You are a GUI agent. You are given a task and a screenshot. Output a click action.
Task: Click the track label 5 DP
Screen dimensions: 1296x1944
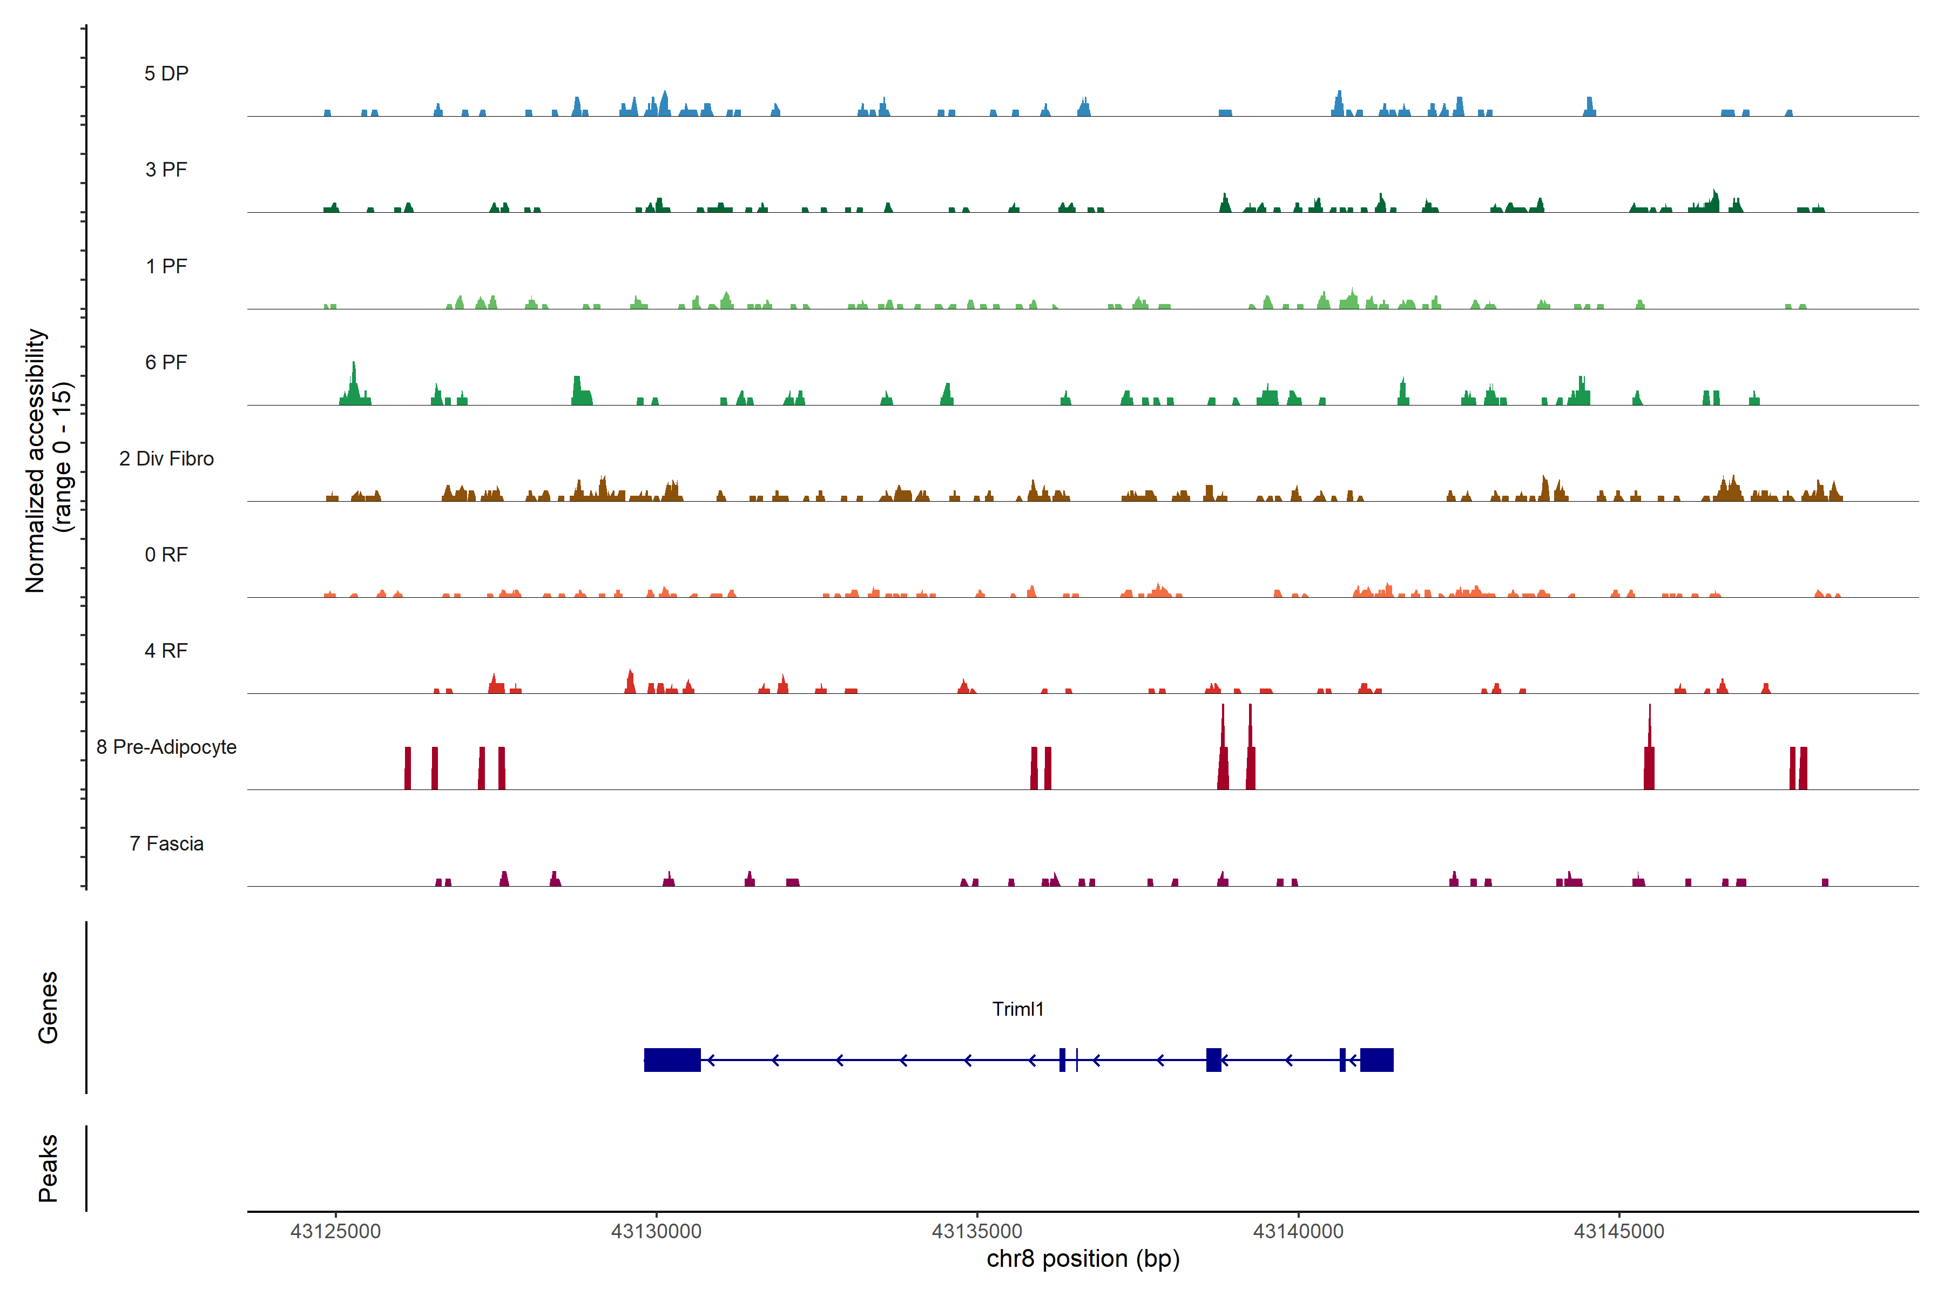pyautogui.click(x=166, y=73)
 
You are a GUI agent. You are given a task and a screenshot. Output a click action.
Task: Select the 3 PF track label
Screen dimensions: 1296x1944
pyautogui.click(x=166, y=170)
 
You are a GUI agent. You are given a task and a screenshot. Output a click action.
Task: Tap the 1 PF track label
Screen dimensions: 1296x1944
pyautogui.click(x=166, y=266)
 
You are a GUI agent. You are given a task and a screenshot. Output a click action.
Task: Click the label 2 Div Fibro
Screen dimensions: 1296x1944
pyautogui.click(x=166, y=458)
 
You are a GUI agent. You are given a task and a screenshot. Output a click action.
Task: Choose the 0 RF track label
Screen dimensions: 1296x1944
pyautogui.click(x=166, y=555)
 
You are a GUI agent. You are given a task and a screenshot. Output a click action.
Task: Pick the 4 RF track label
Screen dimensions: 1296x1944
pyautogui.click(x=166, y=651)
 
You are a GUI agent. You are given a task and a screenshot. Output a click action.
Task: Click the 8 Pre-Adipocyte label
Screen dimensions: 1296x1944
pyautogui.click(x=166, y=747)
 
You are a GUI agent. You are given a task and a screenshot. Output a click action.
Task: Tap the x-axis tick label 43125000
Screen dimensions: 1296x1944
pyautogui.click(x=335, y=1232)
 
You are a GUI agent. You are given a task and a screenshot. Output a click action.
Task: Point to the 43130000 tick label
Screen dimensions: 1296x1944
pyautogui.click(x=656, y=1232)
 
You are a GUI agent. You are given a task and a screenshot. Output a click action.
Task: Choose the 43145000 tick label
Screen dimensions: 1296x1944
pyautogui.click(x=1618, y=1232)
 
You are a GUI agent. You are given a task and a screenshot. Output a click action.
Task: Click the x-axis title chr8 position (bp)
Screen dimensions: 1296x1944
pyautogui.click(x=1083, y=1259)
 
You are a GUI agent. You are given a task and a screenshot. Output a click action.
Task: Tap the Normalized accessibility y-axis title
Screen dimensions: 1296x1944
pyautogui.click(x=48, y=461)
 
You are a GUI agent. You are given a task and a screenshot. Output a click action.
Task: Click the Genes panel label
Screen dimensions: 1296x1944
pyautogui.click(x=48, y=1008)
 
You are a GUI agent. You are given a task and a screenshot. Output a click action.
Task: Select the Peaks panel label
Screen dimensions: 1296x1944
pyautogui.click(x=48, y=1168)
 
